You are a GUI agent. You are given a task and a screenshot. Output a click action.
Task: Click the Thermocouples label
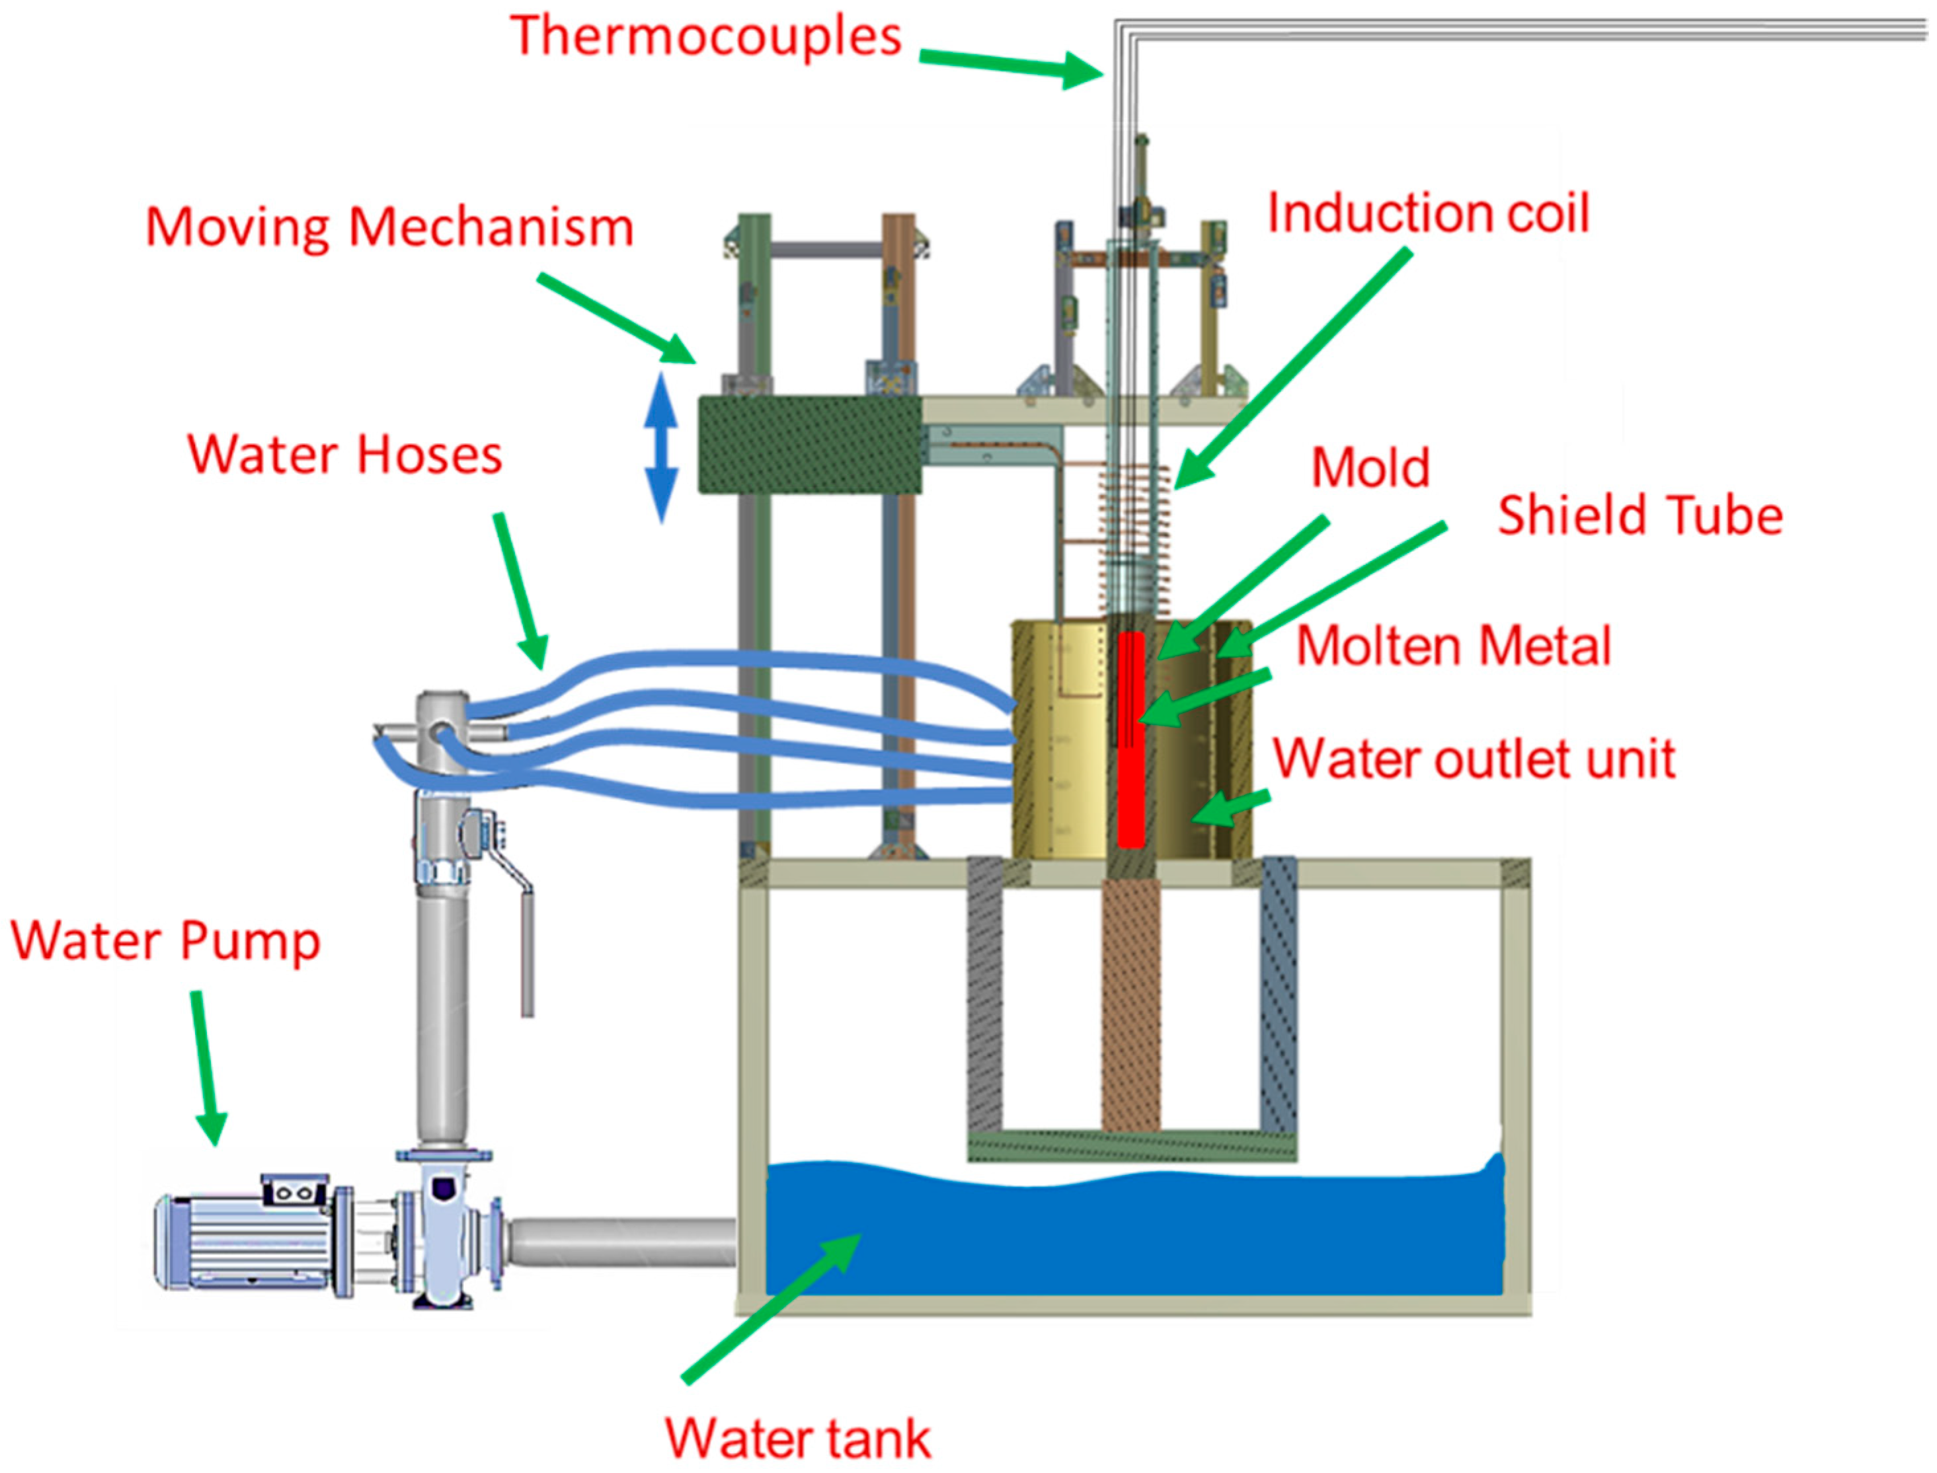[x=706, y=37]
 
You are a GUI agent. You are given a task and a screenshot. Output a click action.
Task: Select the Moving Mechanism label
[x=389, y=228]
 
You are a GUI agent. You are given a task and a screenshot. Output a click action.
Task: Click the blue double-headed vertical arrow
[x=661, y=447]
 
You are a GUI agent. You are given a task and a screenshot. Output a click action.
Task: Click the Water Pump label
[x=165, y=942]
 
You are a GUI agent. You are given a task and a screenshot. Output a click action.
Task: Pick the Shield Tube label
[x=1640, y=515]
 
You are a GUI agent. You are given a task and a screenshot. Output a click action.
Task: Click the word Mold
[x=1370, y=469]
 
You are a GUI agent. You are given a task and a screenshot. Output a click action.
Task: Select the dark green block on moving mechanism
[x=809, y=445]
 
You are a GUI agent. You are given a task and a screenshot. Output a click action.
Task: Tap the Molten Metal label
[x=1454, y=647]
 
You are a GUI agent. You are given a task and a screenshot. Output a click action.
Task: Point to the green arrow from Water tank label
[x=771, y=1306]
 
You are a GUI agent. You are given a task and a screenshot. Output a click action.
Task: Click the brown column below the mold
[x=1130, y=1008]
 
